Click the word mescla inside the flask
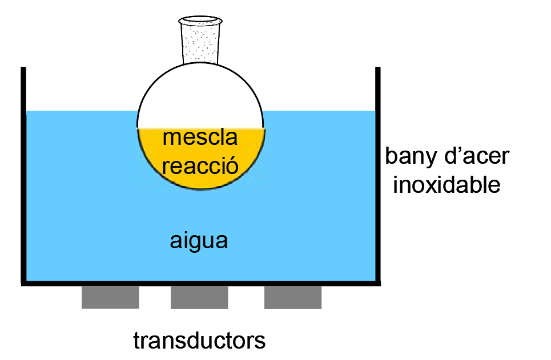(x=200, y=138)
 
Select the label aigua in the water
(x=199, y=240)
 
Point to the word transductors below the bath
(x=199, y=341)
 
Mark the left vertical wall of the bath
(x=23, y=171)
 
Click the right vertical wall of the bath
(x=377, y=171)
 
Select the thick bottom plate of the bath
(x=200, y=283)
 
